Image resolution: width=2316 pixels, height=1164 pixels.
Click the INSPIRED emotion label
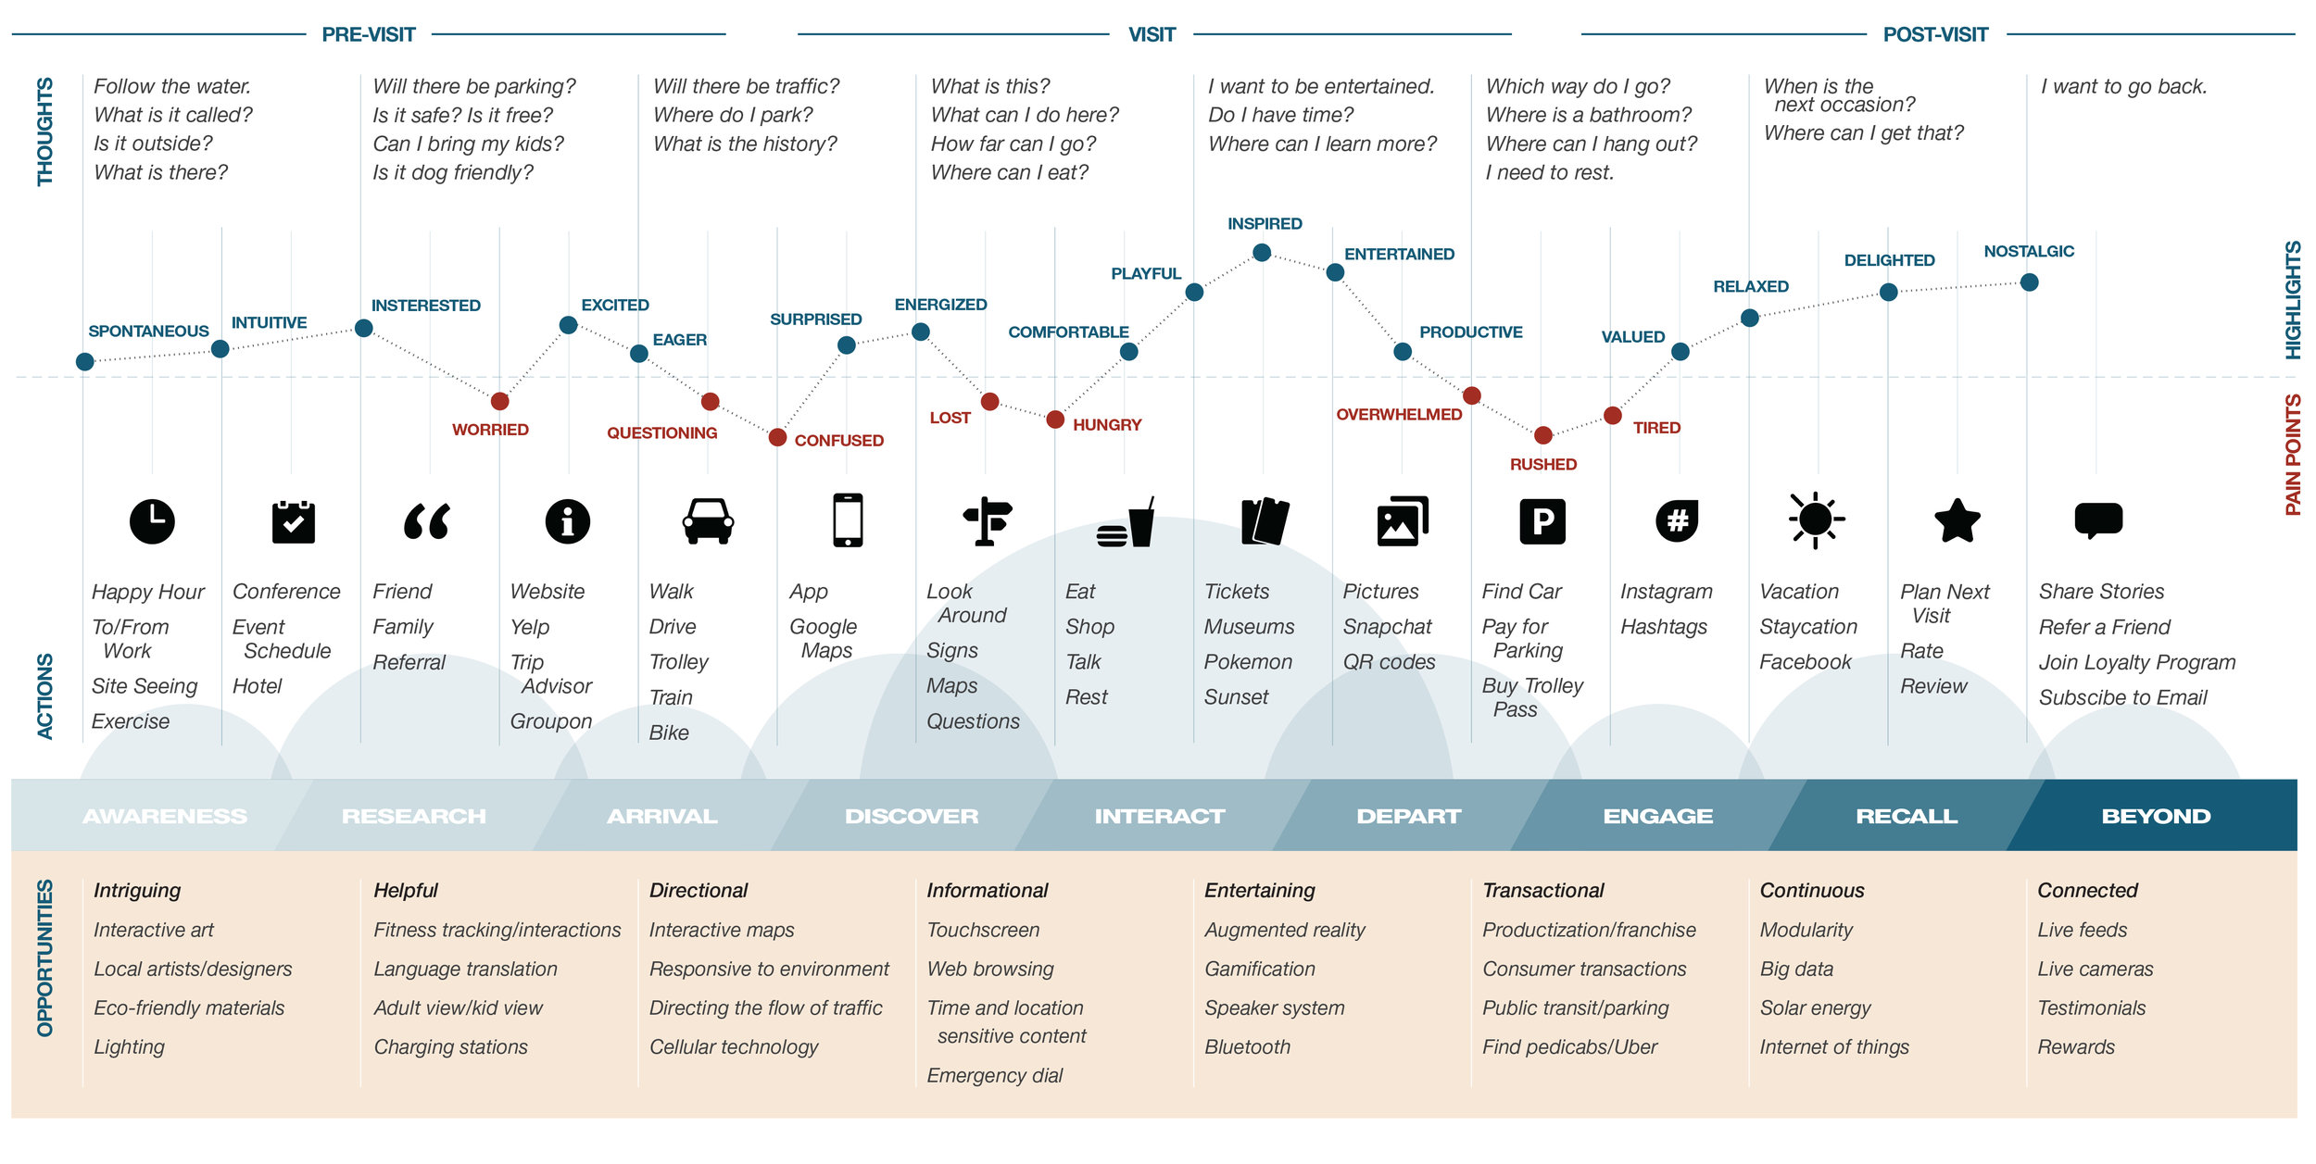(x=1265, y=224)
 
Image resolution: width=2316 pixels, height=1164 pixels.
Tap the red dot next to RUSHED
(x=1543, y=435)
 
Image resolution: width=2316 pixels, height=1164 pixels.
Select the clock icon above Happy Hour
(x=152, y=521)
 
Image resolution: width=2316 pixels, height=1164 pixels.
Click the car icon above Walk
(x=708, y=520)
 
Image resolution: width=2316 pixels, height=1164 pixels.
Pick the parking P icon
(x=1542, y=521)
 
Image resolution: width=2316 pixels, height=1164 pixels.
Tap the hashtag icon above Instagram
(x=1677, y=521)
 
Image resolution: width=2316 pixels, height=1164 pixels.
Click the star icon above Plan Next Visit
(x=1957, y=520)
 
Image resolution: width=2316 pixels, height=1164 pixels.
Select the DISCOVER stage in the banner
(x=912, y=816)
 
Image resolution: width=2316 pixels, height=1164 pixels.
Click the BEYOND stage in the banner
(x=2156, y=816)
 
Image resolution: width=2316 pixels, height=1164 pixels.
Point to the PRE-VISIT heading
(x=369, y=35)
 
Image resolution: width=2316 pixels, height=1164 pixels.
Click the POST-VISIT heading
(x=1935, y=35)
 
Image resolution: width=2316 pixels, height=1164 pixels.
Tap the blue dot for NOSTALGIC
(x=2029, y=282)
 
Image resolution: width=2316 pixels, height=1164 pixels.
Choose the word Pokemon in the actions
(x=1248, y=662)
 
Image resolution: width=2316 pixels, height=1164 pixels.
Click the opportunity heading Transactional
(x=1543, y=891)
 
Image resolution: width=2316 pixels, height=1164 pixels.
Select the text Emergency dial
(x=995, y=1076)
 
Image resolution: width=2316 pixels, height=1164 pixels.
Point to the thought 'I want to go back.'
(x=2124, y=87)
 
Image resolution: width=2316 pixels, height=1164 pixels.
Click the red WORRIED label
(x=490, y=430)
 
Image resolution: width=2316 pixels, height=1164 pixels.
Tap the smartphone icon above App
(x=848, y=520)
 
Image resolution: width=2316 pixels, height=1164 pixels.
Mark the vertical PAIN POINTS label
(x=2292, y=455)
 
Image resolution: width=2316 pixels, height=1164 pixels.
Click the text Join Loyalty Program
(x=2137, y=662)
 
